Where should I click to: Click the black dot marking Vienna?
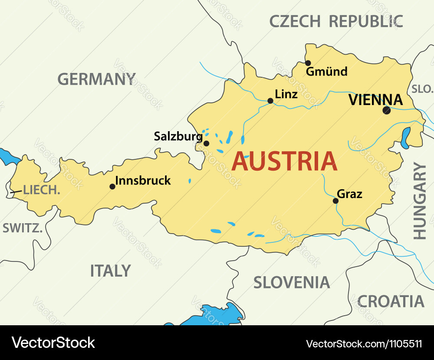point(386,110)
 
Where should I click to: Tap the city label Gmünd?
point(326,72)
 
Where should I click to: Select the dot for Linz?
point(270,101)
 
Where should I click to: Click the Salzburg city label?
point(178,136)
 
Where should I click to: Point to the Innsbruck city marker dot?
point(112,187)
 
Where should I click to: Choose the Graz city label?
point(349,194)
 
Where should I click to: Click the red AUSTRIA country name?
point(284,162)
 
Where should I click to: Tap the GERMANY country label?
point(97,79)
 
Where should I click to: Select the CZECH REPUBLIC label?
point(336,21)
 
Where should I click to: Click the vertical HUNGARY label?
point(420,201)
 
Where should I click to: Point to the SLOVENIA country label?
point(292,283)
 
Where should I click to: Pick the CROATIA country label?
point(390,301)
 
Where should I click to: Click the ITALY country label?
point(110,271)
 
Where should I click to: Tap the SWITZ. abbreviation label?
point(23,228)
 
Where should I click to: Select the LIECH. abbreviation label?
point(41,190)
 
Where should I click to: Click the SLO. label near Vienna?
point(422,89)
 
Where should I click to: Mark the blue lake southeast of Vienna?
point(406,138)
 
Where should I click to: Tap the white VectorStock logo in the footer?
point(53,343)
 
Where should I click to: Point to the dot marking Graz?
point(335,201)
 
